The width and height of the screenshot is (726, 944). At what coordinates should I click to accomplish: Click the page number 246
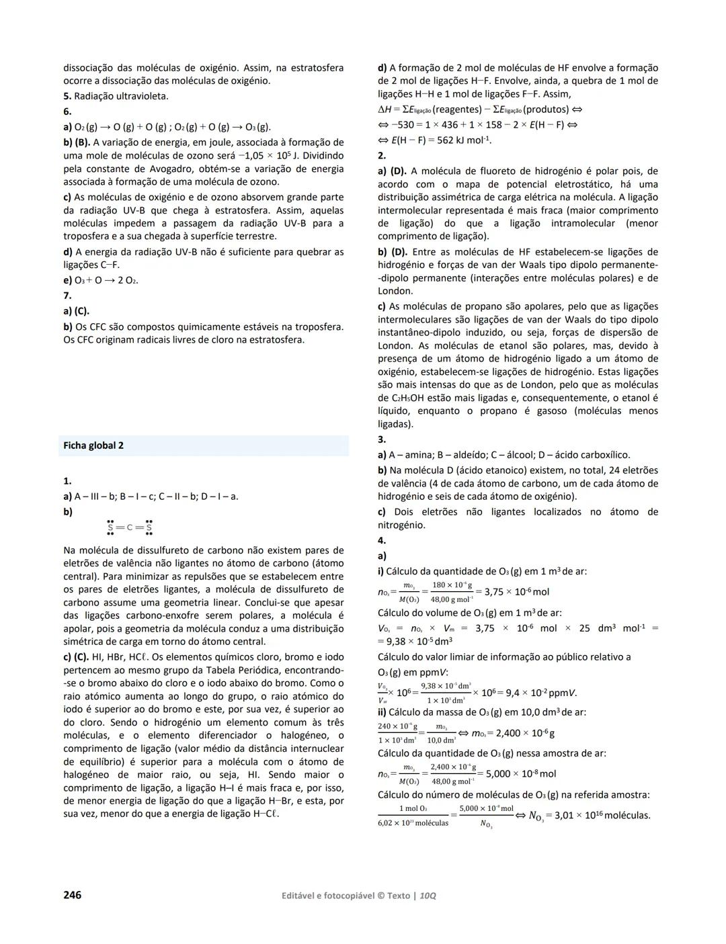(x=72, y=895)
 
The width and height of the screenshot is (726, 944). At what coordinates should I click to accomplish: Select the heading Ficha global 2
(x=93, y=445)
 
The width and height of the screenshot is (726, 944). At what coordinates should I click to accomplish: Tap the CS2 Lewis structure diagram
(x=130, y=527)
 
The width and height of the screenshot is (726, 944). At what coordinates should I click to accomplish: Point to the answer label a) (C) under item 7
(x=76, y=311)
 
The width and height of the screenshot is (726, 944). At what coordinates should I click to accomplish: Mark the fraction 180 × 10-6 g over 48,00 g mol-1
(x=452, y=592)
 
